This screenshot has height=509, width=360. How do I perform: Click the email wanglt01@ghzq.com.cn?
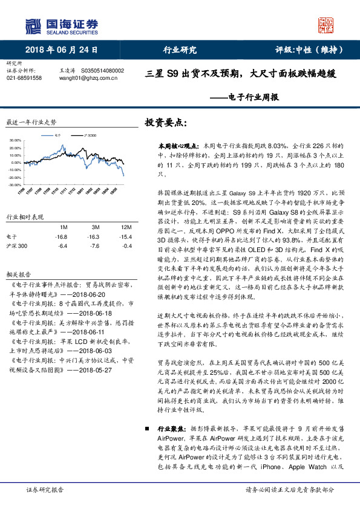tap(83, 78)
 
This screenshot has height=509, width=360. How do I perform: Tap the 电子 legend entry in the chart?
tap(56, 136)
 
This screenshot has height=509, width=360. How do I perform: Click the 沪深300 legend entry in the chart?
tap(89, 136)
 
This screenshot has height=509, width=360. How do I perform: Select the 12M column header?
tap(125, 227)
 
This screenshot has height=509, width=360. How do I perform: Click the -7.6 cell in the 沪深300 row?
tap(93, 245)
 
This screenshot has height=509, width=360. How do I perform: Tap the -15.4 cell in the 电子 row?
tap(125, 236)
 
